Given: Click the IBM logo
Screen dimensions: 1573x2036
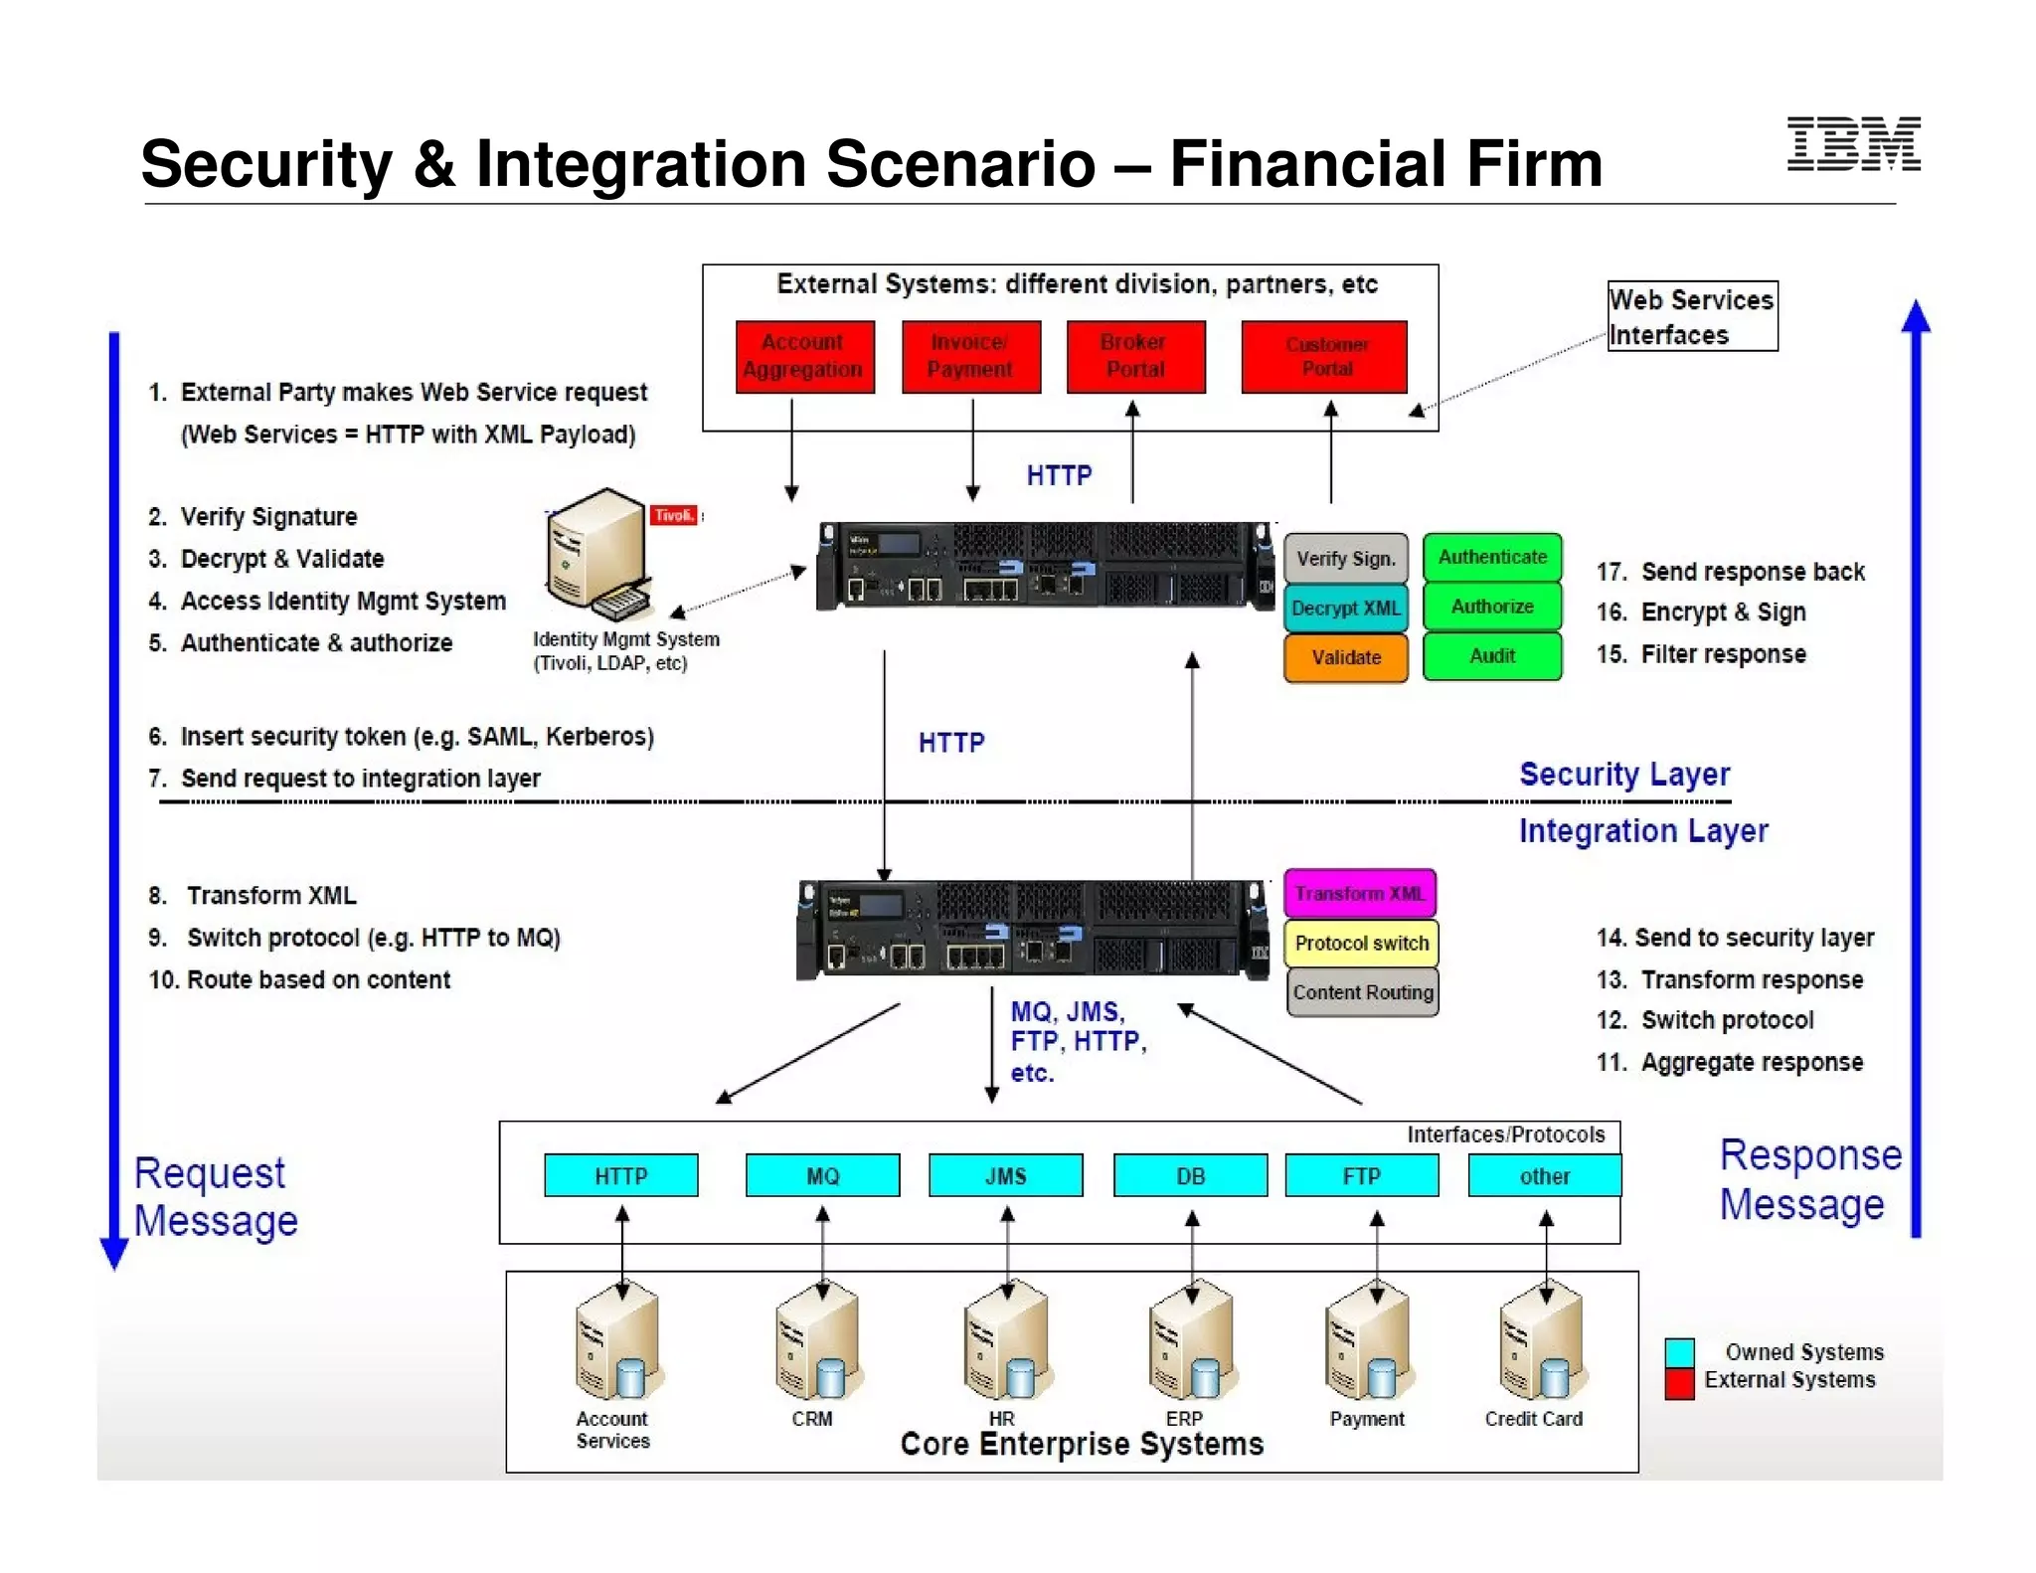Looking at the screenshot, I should (x=1853, y=144).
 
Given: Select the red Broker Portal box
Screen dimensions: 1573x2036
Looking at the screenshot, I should (x=1135, y=356).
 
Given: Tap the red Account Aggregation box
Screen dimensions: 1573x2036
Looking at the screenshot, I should (x=804, y=356).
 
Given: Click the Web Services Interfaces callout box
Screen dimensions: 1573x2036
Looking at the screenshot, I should (x=1692, y=316).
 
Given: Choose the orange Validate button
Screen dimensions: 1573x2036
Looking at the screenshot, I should (x=1345, y=657).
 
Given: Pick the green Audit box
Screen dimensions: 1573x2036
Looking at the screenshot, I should (x=1491, y=656).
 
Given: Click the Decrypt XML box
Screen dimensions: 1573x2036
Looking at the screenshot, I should (x=1345, y=609).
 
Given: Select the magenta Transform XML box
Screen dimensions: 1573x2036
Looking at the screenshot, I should (x=1359, y=894).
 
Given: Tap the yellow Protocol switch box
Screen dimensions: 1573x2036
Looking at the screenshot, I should (x=1361, y=944).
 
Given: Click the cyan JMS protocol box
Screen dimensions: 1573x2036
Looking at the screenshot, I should (x=1005, y=1176).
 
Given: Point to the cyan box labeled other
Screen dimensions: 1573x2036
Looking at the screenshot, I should (x=1544, y=1176).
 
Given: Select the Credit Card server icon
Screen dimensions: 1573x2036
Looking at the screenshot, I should (x=1542, y=1343).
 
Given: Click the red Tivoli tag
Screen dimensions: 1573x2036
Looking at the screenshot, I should (x=674, y=515).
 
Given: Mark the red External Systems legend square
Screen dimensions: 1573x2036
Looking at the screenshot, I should (x=1679, y=1384).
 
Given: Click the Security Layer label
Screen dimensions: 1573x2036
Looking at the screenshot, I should (x=1624, y=775).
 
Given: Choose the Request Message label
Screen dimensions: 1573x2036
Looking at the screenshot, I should (x=216, y=1197).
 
